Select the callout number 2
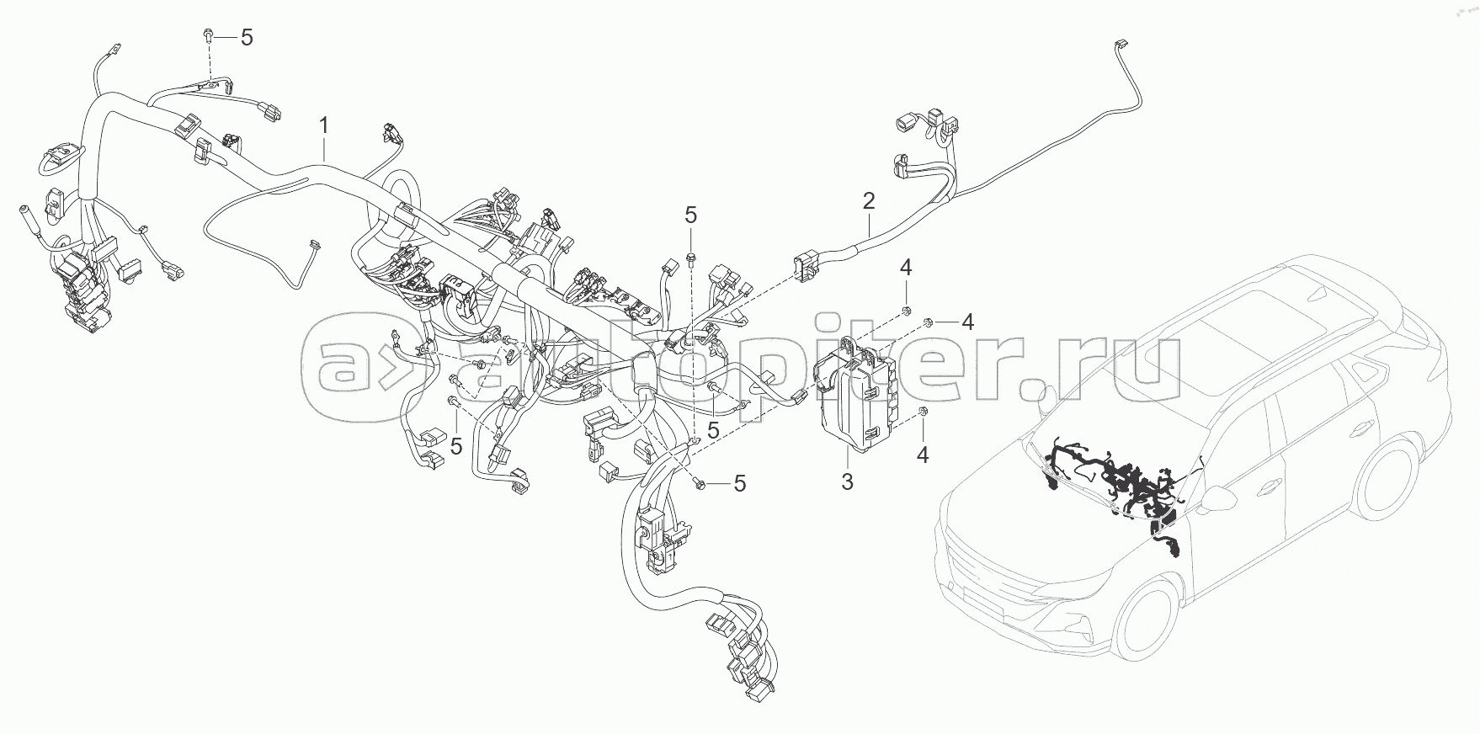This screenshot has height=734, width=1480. (x=868, y=201)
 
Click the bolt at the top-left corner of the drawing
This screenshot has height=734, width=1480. (x=207, y=38)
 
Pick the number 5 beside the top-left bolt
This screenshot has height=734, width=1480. (x=246, y=38)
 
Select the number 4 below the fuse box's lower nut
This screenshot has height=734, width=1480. (x=923, y=455)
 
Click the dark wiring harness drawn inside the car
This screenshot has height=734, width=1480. (x=1120, y=488)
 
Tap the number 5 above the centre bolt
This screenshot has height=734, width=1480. (x=690, y=215)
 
